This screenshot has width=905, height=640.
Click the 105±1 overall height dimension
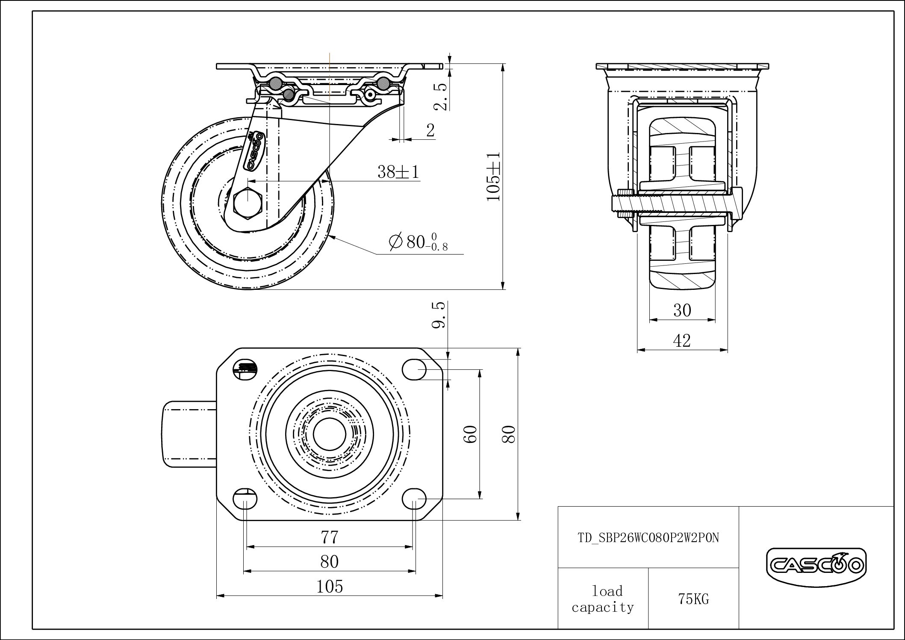(493, 176)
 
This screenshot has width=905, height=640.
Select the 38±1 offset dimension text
(398, 172)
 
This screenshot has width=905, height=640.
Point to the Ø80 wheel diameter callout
(418, 242)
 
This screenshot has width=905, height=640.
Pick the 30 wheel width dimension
(682, 310)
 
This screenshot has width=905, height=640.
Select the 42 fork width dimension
(682, 341)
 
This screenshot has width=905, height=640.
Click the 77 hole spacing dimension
(330, 537)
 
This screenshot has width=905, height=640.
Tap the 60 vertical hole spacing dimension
(470, 434)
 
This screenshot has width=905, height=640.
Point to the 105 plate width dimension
(330, 587)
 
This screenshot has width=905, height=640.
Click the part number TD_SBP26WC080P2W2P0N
(649, 538)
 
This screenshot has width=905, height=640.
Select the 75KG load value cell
(693, 599)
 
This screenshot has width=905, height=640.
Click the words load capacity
(603, 599)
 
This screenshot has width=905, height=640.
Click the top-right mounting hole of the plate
(415, 369)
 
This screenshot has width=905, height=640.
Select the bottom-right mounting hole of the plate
(415, 498)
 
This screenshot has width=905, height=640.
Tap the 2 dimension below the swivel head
(430, 130)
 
